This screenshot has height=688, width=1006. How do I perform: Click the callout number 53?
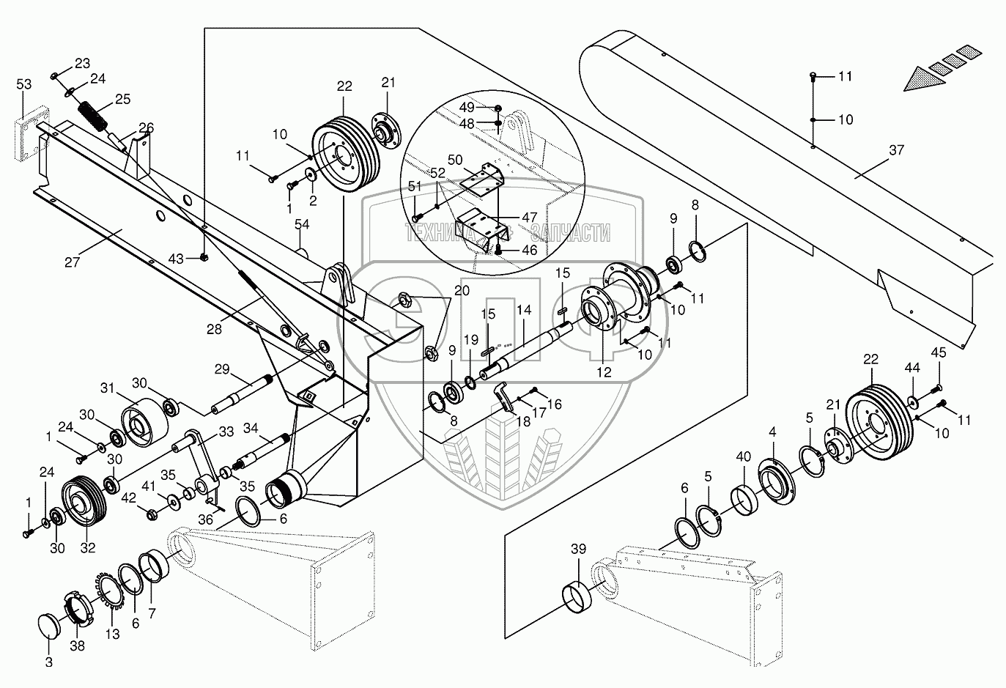[24, 86]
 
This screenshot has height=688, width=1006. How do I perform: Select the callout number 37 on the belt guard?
[896, 150]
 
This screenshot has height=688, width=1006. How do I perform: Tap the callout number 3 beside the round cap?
[48, 662]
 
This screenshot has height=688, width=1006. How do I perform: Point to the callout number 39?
[579, 549]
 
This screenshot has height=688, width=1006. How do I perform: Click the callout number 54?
[302, 224]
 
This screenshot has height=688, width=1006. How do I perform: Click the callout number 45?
[939, 353]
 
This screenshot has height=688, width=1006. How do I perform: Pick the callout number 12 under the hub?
[604, 372]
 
